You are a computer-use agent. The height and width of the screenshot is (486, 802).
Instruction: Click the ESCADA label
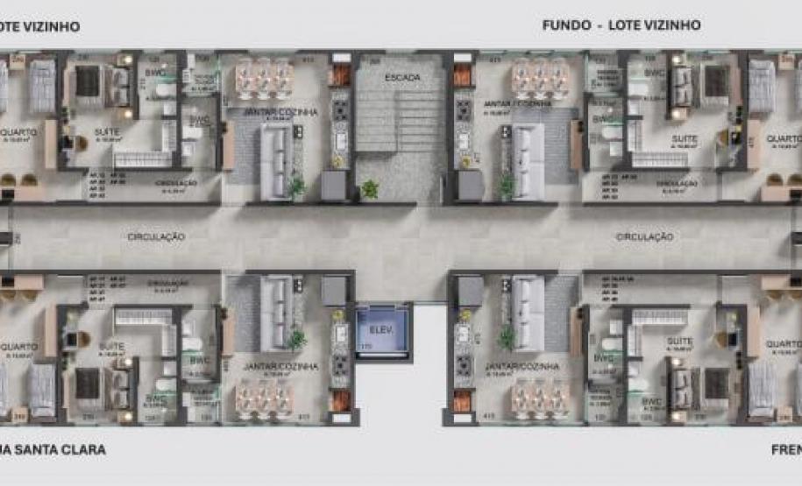(x=401, y=78)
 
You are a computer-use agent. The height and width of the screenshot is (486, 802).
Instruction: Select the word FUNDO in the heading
(x=566, y=25)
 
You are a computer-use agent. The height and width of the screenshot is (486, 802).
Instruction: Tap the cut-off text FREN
(x=785, y=450)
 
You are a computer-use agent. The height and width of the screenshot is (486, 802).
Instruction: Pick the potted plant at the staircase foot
(x=369, y=188)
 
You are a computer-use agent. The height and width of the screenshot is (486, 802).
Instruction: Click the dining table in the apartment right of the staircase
(x=540, y=77)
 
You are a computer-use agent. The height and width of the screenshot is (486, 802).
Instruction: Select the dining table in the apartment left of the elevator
(x=263, y=398)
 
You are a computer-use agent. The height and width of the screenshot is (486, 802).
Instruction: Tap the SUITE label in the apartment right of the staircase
(x=684, y=138)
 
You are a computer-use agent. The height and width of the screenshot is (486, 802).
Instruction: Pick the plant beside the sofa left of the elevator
(x=297, y=338)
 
